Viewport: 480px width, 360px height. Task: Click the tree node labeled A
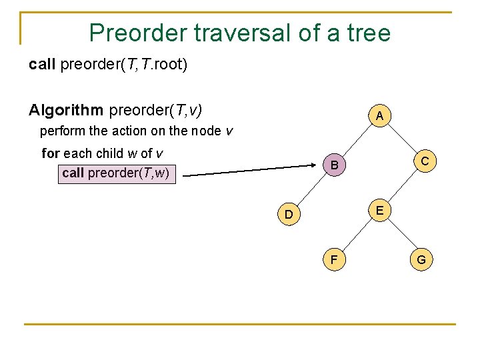click(x=379, y=117)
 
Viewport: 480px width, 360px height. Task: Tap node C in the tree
click(x=424, y=161)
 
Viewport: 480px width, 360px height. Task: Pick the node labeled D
click(x=288, y=214)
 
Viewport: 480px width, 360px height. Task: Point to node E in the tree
click(x=379, y=211)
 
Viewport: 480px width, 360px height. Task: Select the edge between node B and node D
click(x=312, y=189)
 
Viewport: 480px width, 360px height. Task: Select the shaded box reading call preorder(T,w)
click(x=116, y=173)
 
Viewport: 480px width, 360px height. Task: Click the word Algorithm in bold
click(x=66, y=109)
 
